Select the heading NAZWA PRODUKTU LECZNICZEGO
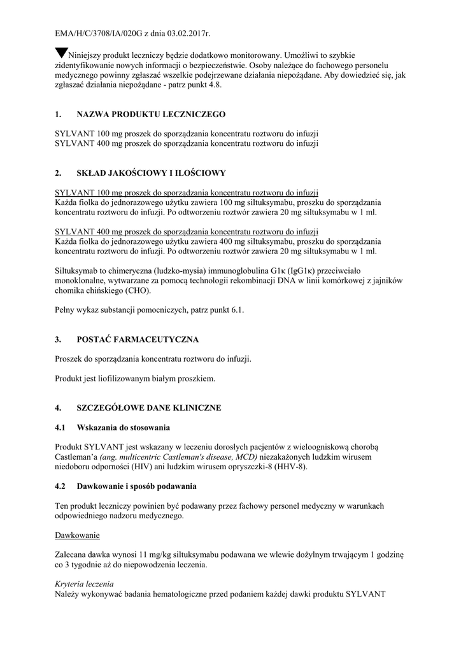[x=151, y=115]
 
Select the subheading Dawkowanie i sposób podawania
[x=136, y=486]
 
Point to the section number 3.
[x=58, y=339]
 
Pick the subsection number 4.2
[x=61, y=486]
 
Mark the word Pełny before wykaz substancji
[x=66, y=310]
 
